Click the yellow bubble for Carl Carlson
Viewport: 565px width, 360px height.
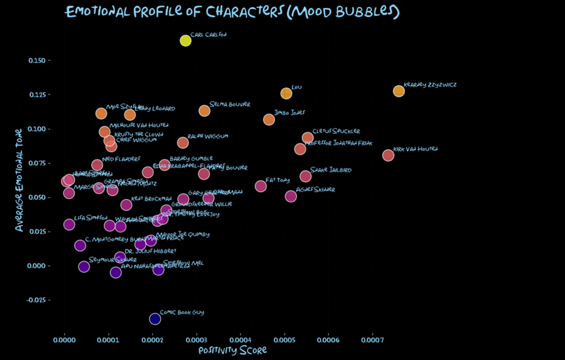pyautogui.click(x=185, y=41)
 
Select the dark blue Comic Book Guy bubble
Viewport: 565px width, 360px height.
pyautogui.click(x=155, y=319)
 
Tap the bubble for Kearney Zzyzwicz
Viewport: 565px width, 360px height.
pyautogui.click(x=399, y=91)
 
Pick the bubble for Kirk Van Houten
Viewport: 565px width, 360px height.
pyautogui.click(x=388, y=155)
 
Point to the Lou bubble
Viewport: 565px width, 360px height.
pyautogui.click(x=286, y=94)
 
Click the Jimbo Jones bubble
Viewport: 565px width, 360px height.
pyautogui.click(x=269, y=119)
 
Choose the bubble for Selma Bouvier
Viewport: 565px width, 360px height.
pyautogui.click(x=204, y=111)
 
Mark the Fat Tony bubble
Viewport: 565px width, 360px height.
pyautogui.click(x=261, y=186)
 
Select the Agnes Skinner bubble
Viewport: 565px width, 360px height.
pyautogui.click(x=291, y=196)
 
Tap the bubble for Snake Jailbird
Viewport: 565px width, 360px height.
pyautogui.click(x=305, y=176)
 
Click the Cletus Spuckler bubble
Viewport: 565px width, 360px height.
pyautogui.click(x=308, y=138)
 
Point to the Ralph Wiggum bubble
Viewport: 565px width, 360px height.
pyautogui.click(x=183, y=143)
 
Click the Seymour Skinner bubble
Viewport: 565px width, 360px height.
pyautogui.click(x=83, y=266)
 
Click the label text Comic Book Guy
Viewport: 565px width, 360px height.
pyautogui.click(x=181, y=312)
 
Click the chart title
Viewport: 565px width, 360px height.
pyautogui.click(x=232, y=12)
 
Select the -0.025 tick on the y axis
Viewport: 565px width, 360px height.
pyautogui.click(x=39, y=300)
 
